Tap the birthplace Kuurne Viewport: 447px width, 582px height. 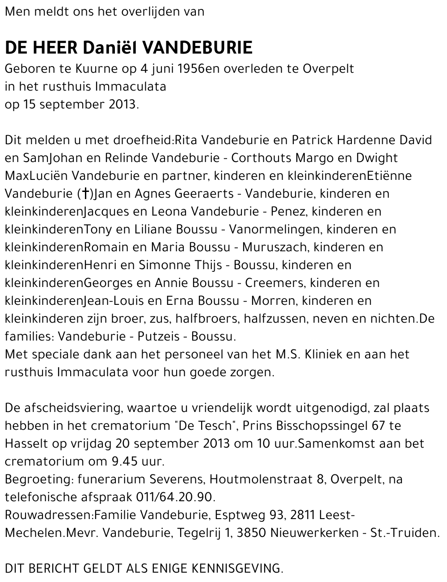coord(90,69)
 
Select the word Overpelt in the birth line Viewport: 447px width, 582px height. coord(328,69)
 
